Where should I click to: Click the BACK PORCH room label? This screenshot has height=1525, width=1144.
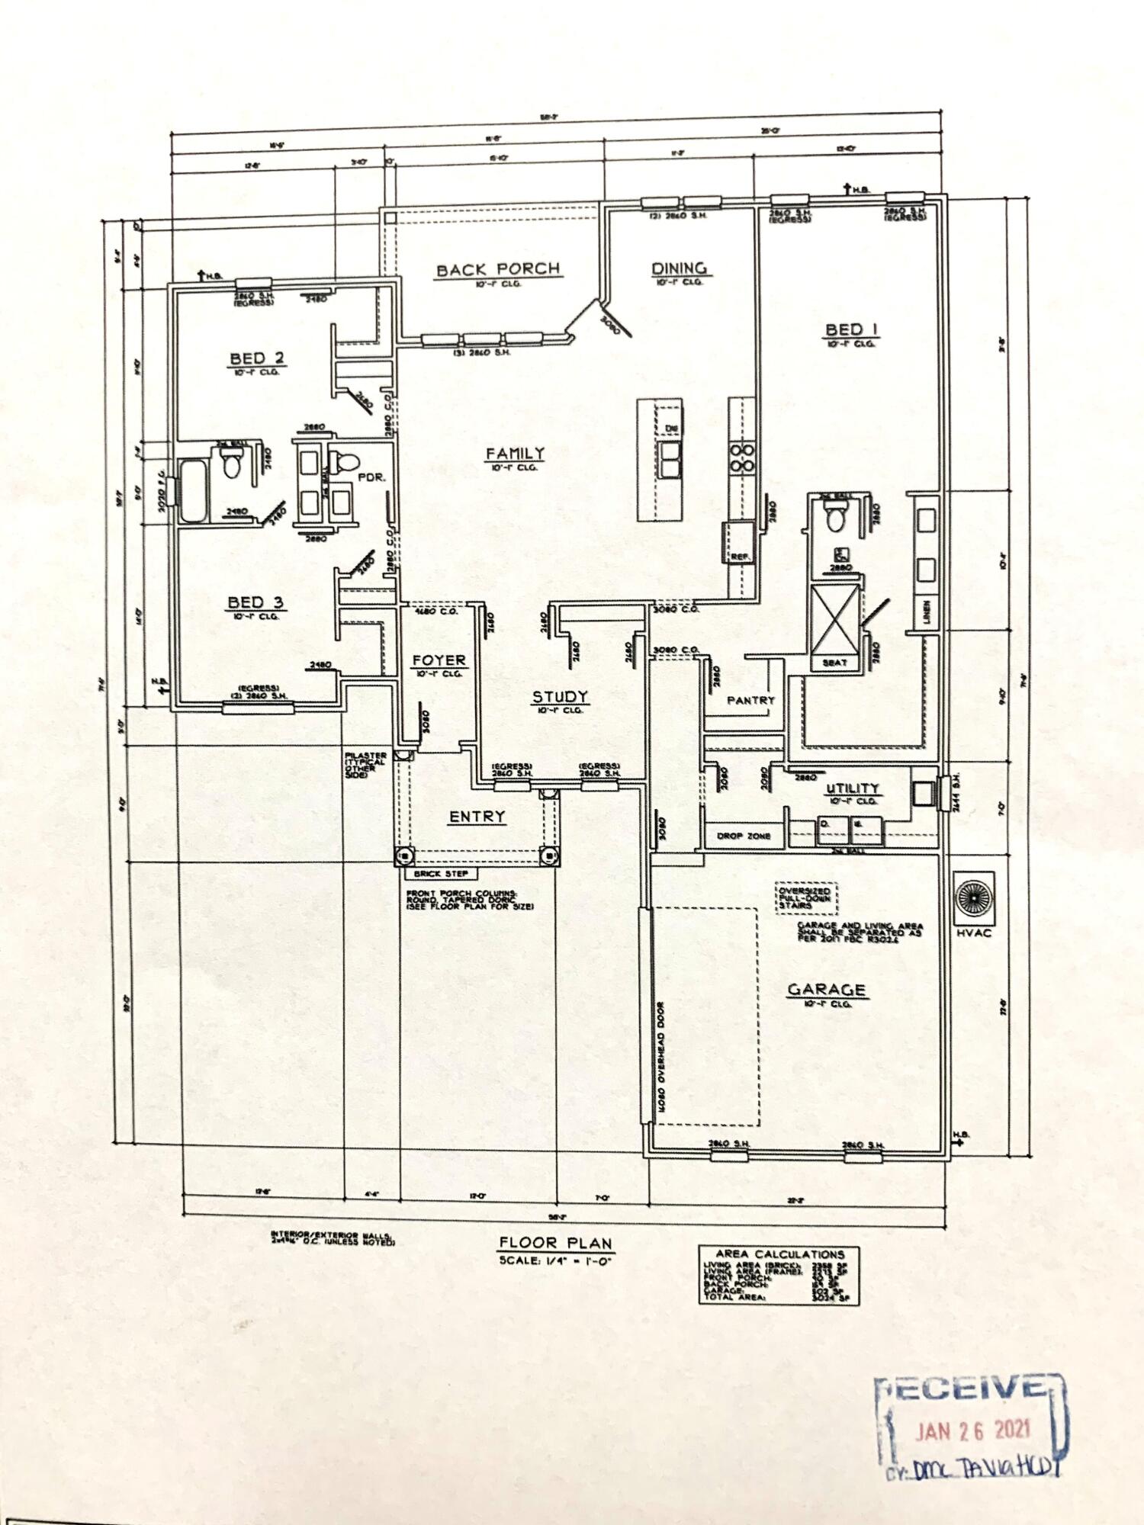click(x=497, y=269)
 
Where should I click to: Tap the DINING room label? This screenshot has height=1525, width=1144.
click(x=678, y=268)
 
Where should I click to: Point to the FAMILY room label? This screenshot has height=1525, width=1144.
click(x=516, y=454)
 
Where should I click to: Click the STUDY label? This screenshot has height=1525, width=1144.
click(x=559, y=696)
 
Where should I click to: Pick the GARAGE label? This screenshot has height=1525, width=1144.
click(x=826, y=990)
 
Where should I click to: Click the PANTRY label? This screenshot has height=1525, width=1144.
click(x=750, y=700)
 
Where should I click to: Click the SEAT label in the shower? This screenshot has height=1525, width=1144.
click(x=834, y=663)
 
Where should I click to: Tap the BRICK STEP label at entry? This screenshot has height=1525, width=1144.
click(x=435, y=875)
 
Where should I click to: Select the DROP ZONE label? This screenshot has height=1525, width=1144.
click(x=744, y=836)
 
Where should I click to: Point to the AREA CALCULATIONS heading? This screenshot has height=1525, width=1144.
click(x=779, y=1254)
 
